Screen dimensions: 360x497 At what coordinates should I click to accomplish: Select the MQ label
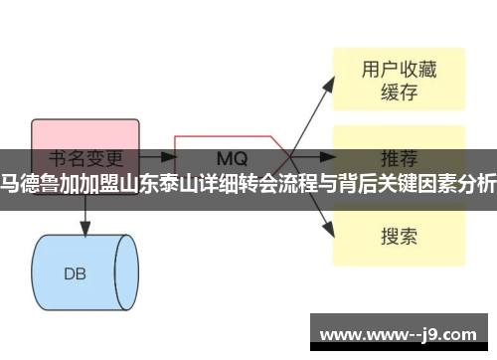(231, 157)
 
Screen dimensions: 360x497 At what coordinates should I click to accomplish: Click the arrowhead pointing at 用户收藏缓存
(329, 78)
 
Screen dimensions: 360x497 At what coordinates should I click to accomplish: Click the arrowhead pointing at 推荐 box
(329, 157)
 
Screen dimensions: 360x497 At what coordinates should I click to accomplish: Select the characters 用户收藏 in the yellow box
(398, 69)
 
